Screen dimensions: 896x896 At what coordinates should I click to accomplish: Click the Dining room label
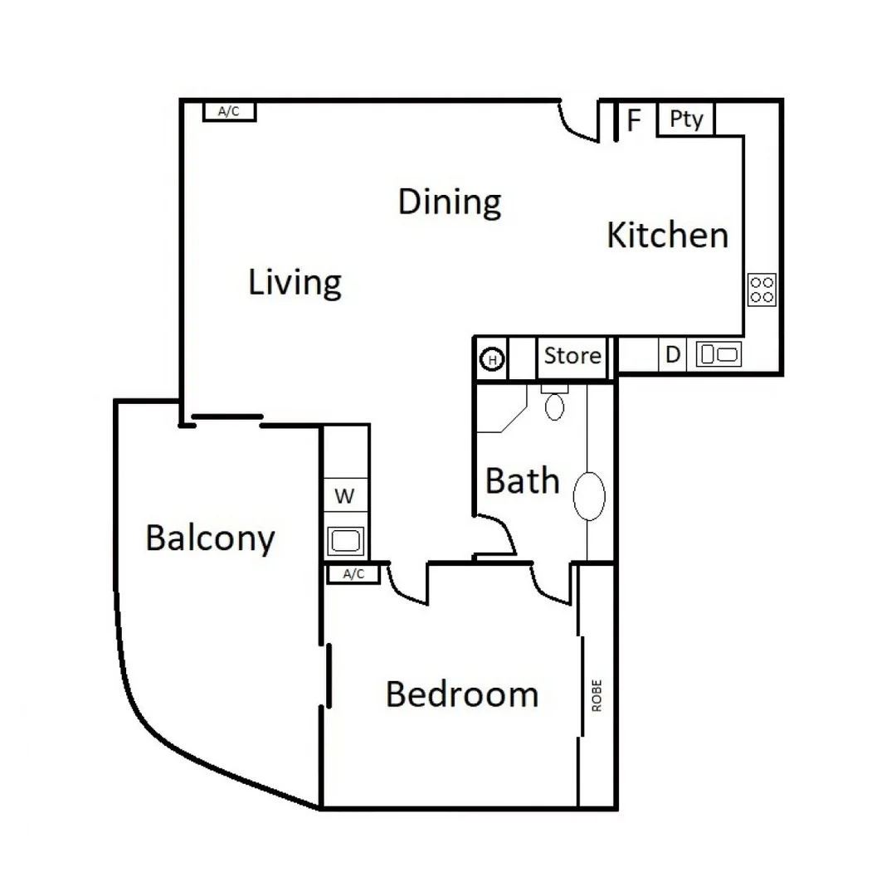(449, 202)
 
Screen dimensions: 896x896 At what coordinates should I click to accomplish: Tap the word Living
(295, 283)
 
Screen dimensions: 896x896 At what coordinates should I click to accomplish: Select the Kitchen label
(667, 236)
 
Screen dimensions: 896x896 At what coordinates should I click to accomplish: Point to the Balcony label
(210, 539)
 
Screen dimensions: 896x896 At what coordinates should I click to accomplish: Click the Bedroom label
(462, 694)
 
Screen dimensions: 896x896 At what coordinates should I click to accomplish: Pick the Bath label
(522, 481)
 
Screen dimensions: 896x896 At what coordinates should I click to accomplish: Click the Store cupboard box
(572, 357)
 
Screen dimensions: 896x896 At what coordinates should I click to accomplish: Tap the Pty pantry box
(686, 119)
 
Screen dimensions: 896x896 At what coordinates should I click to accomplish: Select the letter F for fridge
(635, 121)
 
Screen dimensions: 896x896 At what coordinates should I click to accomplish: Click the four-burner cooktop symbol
(762, 290)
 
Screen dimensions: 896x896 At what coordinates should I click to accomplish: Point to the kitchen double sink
(718, 355)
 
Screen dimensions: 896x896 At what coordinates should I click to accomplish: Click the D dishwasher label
(674, 355)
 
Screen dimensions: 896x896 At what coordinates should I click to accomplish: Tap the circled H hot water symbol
(493, 360)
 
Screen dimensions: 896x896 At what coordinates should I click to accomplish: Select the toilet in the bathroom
(554, 403)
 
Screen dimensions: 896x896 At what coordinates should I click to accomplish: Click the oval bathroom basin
(589, 496)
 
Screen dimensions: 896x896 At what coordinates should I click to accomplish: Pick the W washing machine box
(344, 497)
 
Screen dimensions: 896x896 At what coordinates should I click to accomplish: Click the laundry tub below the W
(345, 541)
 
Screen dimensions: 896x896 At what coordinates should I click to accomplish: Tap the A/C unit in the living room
(229, 111)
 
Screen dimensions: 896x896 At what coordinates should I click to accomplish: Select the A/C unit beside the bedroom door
(354, 574)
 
